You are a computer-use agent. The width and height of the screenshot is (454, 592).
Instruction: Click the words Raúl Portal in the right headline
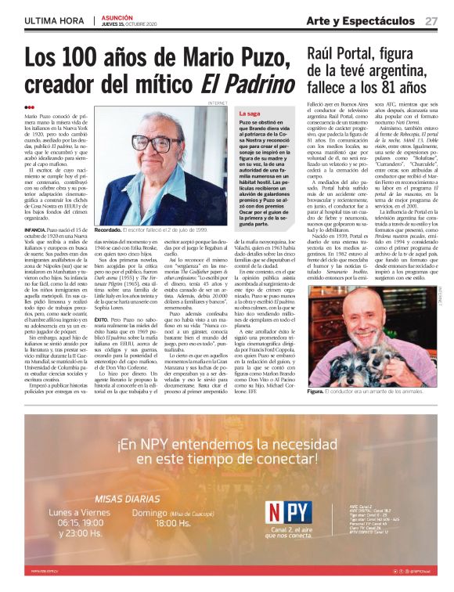(x=344, y=55)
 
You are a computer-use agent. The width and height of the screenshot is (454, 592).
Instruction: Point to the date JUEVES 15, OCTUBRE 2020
(x=127, y=24)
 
